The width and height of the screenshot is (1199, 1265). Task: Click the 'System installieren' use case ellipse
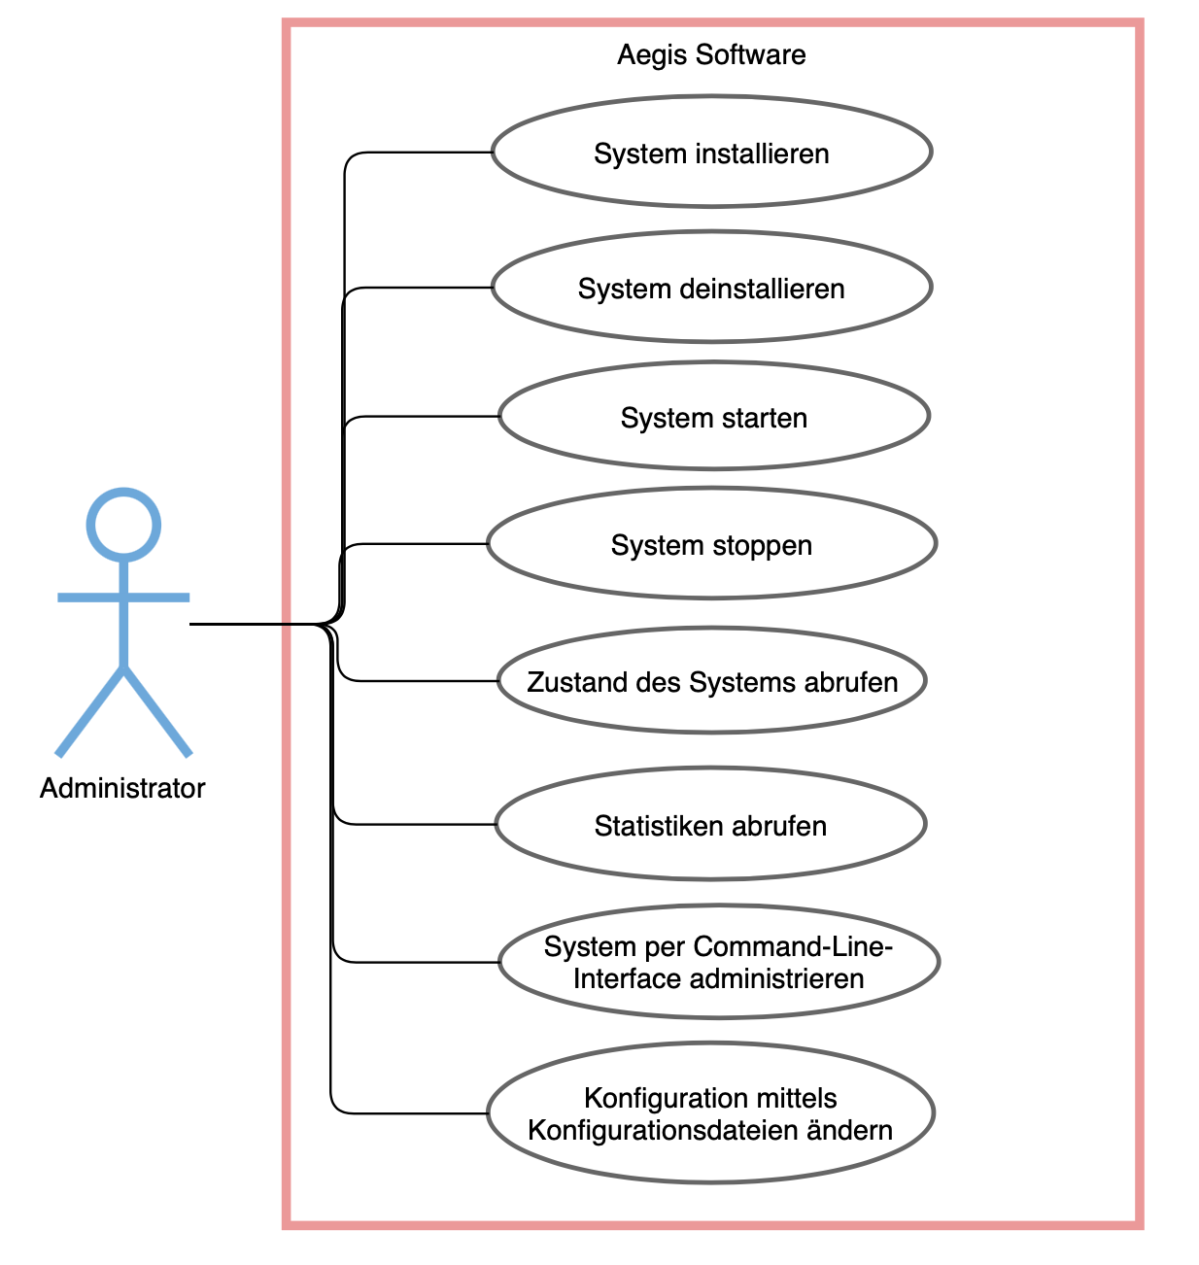pos(711,153)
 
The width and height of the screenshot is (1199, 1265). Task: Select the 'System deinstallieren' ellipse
pos(711,288)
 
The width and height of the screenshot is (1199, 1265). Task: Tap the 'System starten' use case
pos(713,417)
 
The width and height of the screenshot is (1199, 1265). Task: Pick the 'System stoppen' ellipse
pos(711,544)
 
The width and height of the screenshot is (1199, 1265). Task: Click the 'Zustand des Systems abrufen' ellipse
pos(711,681)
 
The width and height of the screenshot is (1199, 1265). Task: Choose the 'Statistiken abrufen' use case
pos(710,825)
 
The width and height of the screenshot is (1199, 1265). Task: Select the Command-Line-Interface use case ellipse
pos(718,962)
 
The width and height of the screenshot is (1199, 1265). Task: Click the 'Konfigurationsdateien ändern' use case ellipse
pos(710,1113)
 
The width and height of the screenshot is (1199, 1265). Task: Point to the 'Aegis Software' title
pos(711,54)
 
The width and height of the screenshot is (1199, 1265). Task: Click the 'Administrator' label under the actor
pos(122,788)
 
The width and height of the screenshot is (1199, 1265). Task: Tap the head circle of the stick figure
pos(123,525)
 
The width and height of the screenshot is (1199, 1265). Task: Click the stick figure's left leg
pos(90,711)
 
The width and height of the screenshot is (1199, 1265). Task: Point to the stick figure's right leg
pos(157,711)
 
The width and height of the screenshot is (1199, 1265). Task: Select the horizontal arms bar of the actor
pos(123,597)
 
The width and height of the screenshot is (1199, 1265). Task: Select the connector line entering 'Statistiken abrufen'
pos(418,825)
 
